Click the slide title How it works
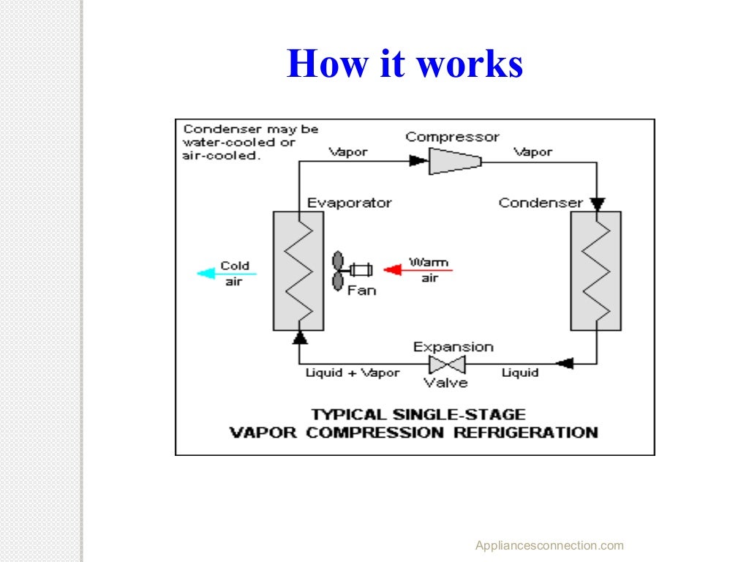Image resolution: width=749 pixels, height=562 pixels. coord(404,64)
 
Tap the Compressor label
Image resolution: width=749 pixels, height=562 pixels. coord(452,137)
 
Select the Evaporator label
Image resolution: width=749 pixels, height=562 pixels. coord(349,203)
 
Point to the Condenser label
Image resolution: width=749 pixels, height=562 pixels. coord(541,203)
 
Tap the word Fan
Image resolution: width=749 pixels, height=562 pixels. coord(361,291)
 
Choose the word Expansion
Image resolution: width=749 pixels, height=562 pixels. coord(453,347)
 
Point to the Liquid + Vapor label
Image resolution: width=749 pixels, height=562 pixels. coord(353,373)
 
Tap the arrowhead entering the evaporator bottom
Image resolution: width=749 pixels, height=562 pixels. coord(298,337)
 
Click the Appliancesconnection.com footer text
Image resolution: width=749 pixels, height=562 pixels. coord(549,545)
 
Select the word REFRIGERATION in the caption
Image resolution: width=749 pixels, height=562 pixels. coord(525,432)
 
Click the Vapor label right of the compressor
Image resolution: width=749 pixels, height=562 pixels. coord(532,152)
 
